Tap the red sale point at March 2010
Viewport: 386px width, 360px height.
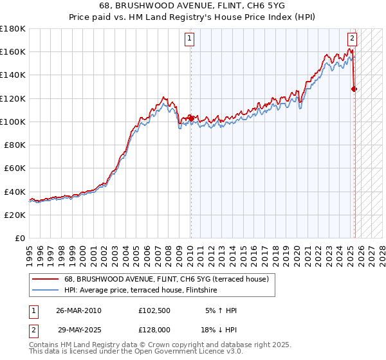191,118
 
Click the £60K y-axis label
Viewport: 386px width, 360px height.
15,168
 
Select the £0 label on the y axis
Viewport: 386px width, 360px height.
21,238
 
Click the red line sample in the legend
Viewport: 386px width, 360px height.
45,279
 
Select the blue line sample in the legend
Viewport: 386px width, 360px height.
45,290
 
